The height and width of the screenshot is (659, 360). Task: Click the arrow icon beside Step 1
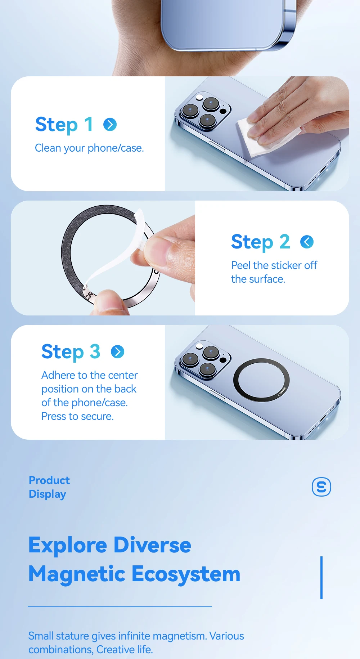[x=110, y=125]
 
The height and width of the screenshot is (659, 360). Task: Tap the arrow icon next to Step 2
[x=307, y=242]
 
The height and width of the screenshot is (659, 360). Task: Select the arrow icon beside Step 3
[x=118, y=351]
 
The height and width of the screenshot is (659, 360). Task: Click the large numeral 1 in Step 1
[x=89, y=124]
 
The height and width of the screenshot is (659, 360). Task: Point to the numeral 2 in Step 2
[x=285, y=241]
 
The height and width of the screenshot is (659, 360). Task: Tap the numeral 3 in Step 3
[x=95, y=351]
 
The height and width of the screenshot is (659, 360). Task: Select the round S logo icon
[x=321, y=487]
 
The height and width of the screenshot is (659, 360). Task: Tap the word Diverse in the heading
[x=152, y=545]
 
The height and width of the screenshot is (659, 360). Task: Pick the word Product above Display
[x=49, y=480]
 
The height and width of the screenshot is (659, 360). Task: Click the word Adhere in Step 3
[x=58, y=375]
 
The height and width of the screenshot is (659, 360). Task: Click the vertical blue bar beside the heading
[x=321, y=578]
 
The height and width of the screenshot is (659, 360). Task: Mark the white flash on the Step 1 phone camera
[x=199, y=97]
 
